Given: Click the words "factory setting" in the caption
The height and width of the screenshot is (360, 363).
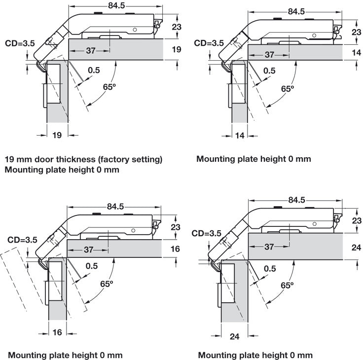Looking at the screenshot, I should tap(130, 159).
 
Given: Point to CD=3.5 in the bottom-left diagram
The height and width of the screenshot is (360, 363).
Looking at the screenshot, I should tap(22, 240).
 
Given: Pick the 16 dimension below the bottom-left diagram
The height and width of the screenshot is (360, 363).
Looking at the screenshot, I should tap(57, 332).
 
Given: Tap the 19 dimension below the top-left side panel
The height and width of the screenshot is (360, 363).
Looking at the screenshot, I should tap(57, 135).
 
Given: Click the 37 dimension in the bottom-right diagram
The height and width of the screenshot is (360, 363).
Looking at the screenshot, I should tap(269, 247).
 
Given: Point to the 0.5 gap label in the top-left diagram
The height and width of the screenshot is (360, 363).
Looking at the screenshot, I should tap(94, 70).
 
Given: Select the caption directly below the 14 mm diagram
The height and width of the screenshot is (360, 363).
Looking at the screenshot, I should tap(254, 159).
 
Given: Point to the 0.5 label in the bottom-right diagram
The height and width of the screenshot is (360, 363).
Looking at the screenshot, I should tap(270, 269).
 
